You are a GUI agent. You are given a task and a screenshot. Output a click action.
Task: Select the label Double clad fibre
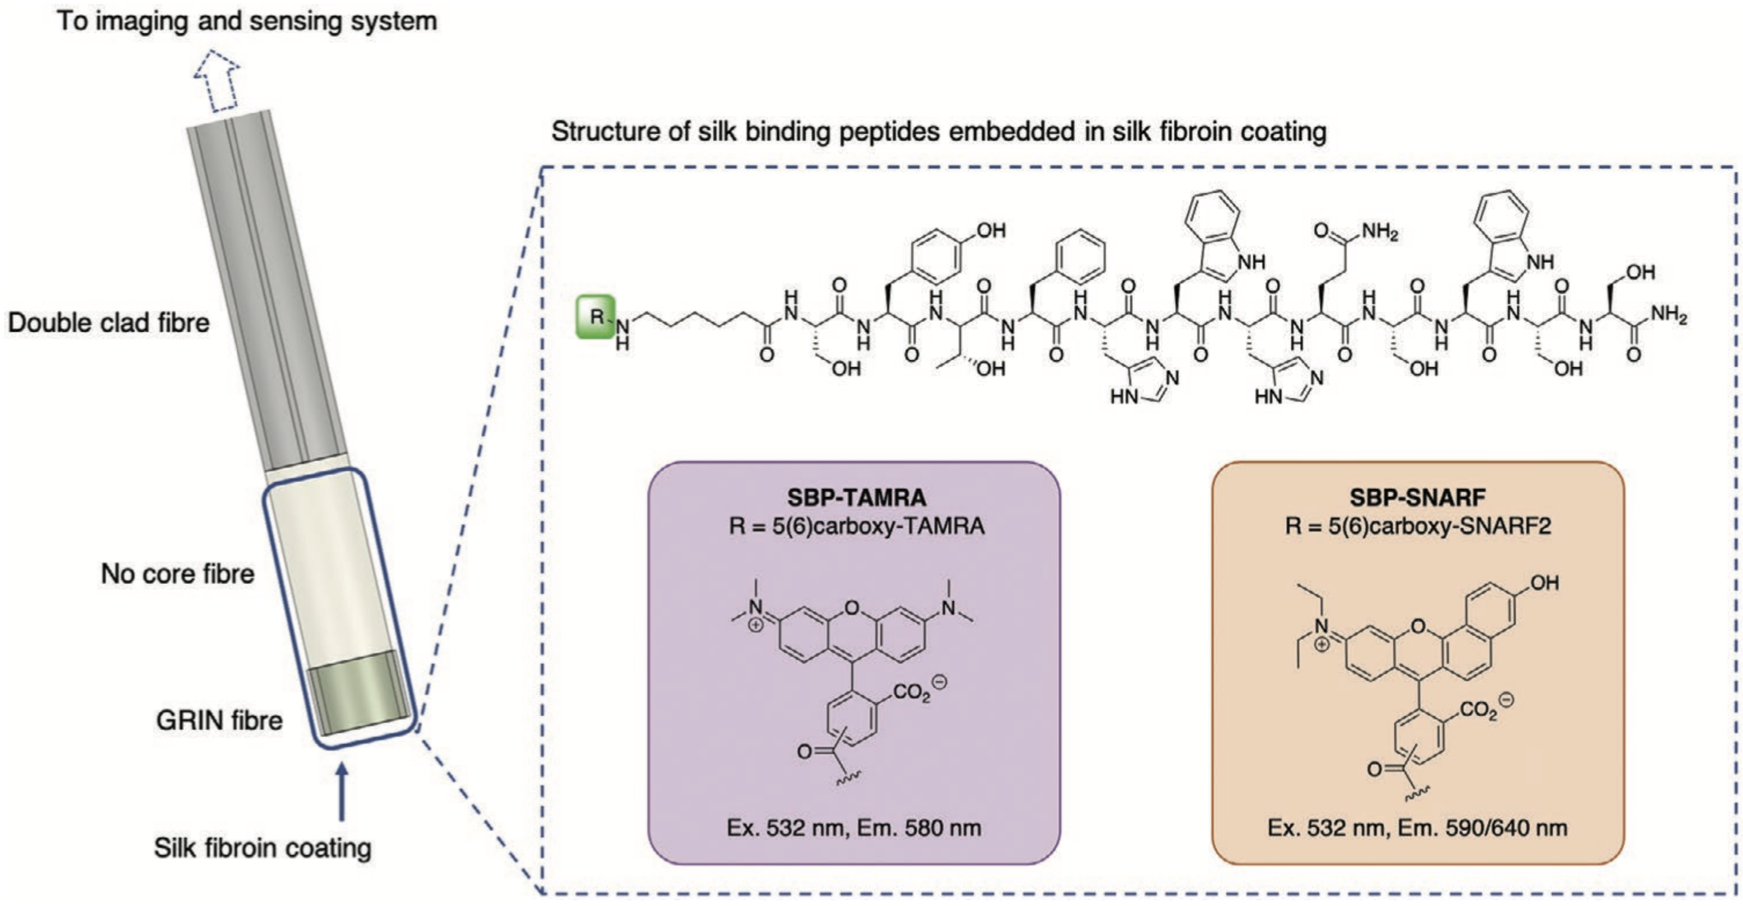pos(109,323)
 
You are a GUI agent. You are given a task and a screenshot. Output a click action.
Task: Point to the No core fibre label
pos(177,574)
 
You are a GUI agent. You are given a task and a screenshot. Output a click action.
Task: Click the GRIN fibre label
pos(219,720)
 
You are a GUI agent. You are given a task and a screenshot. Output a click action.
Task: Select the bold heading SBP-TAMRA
pos(856,498)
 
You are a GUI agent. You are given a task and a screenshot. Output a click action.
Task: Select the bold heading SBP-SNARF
pos(1417,498)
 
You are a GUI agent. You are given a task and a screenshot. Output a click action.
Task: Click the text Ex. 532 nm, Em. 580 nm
pos(854,827)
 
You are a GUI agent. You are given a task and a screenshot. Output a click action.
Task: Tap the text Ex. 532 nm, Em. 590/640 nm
pos(1417,827)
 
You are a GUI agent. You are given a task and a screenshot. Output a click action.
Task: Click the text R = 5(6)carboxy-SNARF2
pos(1417,526)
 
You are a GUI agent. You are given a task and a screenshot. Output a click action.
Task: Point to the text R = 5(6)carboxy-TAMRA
pos(856,526)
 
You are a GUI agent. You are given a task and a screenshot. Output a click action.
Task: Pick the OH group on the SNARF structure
pos(1544,583)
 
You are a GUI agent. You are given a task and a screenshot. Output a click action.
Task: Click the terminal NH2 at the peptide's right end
pos(1669,315)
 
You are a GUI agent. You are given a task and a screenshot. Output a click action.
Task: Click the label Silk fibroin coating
pos(262,848)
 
